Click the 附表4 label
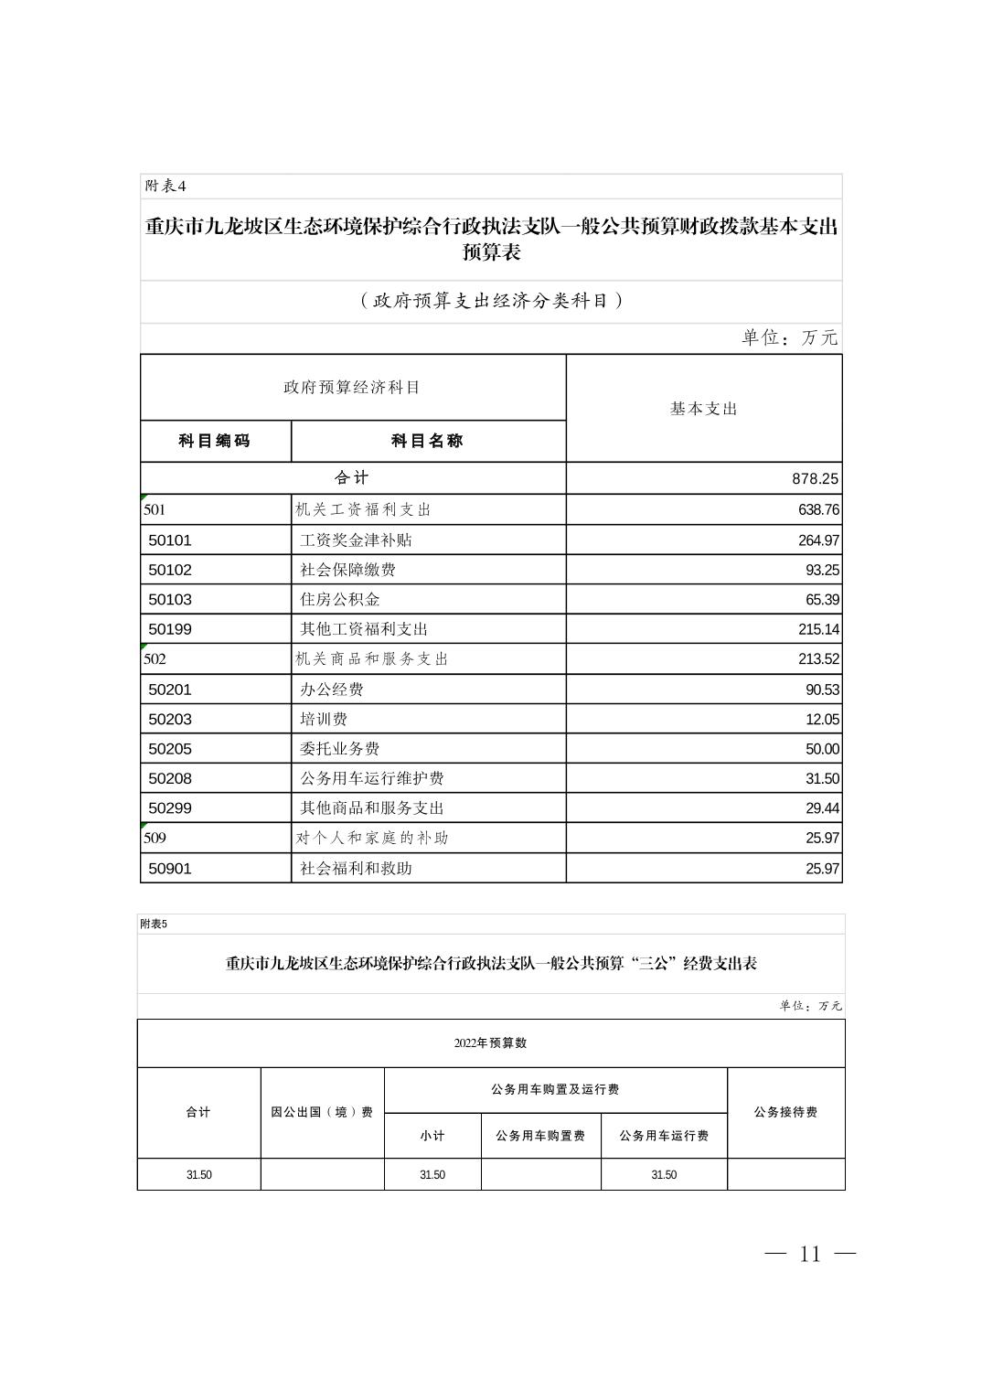point(165,186)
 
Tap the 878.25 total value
point(815,478)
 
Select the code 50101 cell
point(170,540)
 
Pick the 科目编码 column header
point(215,441)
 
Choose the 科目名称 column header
point(427,441)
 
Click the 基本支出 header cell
point(703,409)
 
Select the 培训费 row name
point(324,719)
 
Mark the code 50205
point(170,749)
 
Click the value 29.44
point(822,808)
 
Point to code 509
point(155,838)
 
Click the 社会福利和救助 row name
point(356,868)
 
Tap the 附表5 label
point(154,924)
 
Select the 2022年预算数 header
point(490,1042)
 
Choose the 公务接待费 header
point(785,1112)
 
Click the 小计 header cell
point(432,1136)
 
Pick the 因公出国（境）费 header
point(322,1112)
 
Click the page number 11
point(810,1254)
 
